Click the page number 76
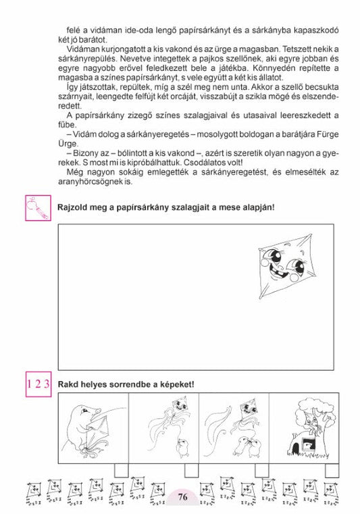pyautogui.click(x=182, y=497)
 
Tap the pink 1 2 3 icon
pyautogui.click(x=38, y=384)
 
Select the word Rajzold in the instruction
pyautogui.click(x=74, y=206)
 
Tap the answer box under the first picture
pyautogui.click(x=122, y=470)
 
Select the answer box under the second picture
pyautogui.click(x=191, y=470)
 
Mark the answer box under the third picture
pyautogui.click(x=261, y=470)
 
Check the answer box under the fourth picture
pyautogui.click(x=331, y=470)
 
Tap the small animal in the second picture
pyautogui.click(x=180, y=445)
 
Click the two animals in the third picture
pyautogui.click(x=244, y=446)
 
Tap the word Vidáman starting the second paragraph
pyautogui.click(x=84, y=49)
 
